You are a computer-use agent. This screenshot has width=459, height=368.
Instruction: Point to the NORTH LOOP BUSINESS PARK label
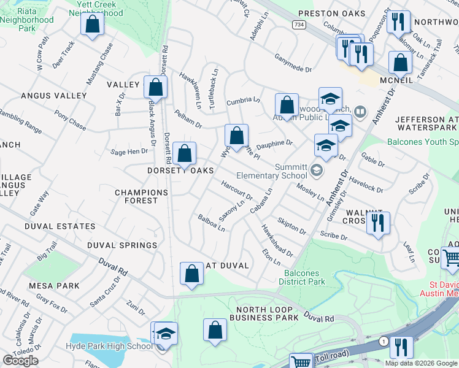[264, 313]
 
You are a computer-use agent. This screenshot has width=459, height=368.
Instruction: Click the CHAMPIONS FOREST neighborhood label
[141, 197]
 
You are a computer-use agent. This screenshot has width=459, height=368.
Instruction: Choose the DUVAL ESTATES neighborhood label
[60, 226]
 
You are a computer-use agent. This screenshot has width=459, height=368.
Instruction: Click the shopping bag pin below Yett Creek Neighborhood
[92, 25]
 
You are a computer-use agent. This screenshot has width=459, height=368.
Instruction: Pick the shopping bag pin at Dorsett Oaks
[184, 153]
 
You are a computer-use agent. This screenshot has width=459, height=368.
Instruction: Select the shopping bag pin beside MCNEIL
[400, 63]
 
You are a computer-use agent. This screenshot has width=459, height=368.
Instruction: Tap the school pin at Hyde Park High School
[165, 334]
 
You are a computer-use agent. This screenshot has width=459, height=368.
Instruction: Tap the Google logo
[20, 360]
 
